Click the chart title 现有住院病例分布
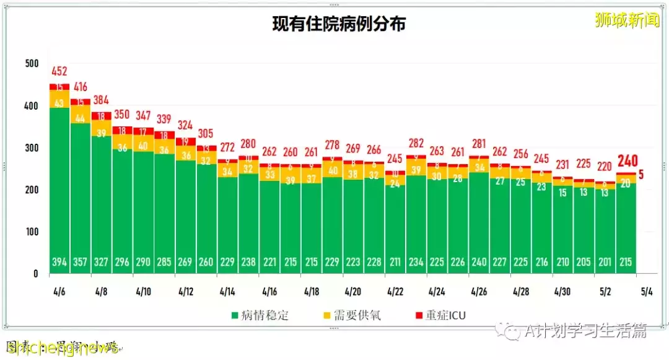coord(339,24)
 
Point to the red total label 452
coord(59,71)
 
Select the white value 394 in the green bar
coord(59,262)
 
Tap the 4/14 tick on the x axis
coord(227,291)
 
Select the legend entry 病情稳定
coord(261,315)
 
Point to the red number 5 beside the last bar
coord(641,175)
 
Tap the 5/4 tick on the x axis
coord(647,291)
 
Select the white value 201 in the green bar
coord(605,262)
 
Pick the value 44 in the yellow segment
coord(81,118)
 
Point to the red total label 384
coord(102,100)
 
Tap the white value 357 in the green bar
coord(81,262)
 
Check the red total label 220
coord(605,167)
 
